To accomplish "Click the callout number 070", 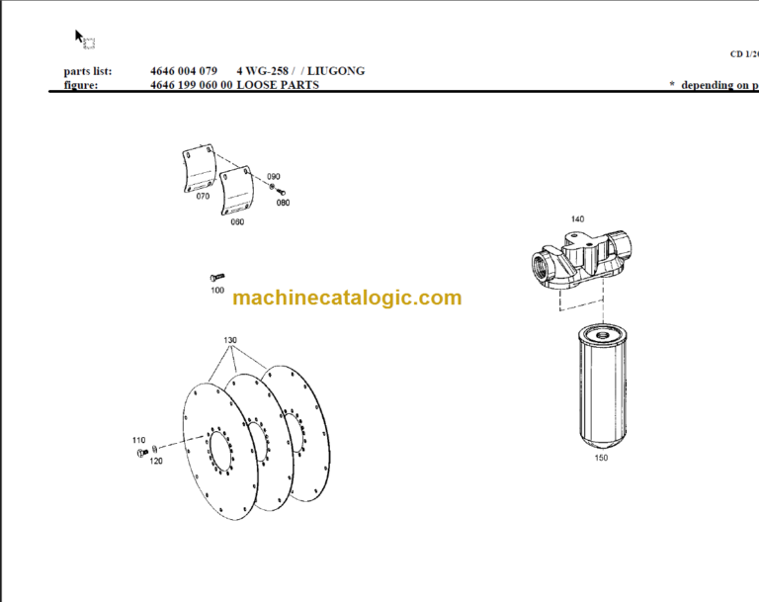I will [203, 197].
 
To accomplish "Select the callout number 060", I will [237, 221].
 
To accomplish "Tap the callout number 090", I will [273, 176].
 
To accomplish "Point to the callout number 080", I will [283, 203].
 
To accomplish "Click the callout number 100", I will [217, 290].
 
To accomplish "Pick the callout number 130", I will [229, 340].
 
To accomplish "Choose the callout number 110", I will [138, 440].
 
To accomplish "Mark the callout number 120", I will [155, 461].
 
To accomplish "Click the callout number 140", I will [577, 218].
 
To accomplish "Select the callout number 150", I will [602, 458].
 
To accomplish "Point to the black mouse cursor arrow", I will [80, 37].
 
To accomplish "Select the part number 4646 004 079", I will [184, 71].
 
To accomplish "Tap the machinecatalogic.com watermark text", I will [347, 298].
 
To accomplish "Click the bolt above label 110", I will [138, 453].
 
